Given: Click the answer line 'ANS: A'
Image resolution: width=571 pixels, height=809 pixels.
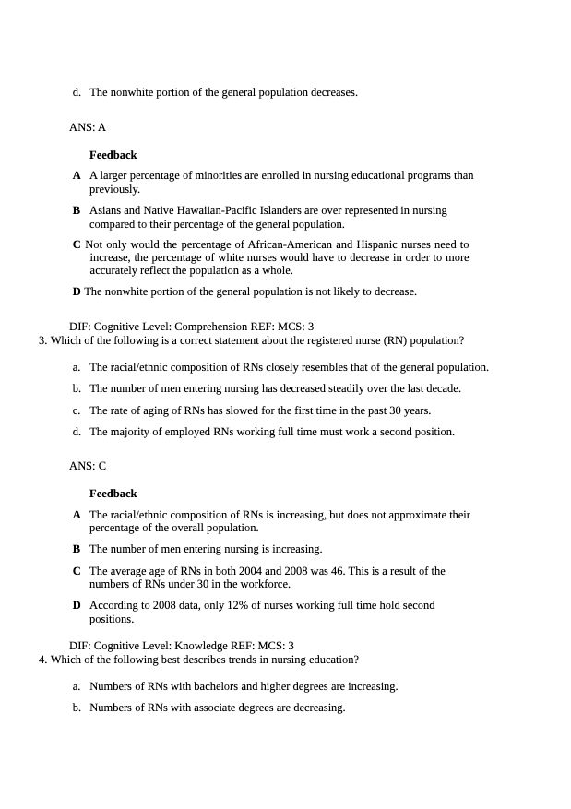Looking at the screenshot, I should pos(88,127).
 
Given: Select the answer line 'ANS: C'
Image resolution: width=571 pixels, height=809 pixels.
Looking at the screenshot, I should pos(88,466).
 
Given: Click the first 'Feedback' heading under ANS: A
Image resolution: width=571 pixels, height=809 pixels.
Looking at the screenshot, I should pos(113,155).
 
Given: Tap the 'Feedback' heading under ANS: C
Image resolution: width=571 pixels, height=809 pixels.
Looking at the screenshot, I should pos(113,494).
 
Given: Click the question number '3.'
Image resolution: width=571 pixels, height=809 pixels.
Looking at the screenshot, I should pos(43,340).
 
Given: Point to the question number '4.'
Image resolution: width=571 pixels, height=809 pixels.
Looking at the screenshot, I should pos(43,660).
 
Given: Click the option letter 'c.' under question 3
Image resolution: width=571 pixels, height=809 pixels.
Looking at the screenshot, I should pos(77,410).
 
